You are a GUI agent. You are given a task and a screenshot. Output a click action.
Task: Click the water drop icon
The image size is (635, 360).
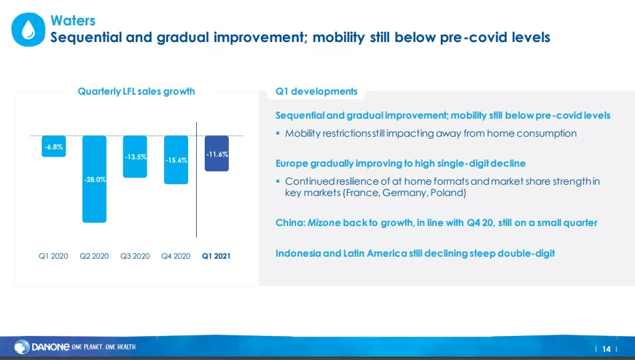click(28, 29)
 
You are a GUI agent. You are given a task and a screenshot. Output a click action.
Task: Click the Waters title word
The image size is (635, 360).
click(73, 20)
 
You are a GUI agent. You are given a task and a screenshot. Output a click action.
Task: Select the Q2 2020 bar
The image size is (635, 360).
click(94, 179)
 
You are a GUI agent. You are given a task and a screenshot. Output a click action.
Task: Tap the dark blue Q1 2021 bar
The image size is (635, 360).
click(217, 153)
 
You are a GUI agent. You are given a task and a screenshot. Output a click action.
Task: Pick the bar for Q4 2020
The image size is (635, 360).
click(176, 160)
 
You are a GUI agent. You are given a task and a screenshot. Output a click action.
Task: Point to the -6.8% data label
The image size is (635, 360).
click(54, 147)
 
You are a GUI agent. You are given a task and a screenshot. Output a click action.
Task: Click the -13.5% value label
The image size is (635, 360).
click(135, 157)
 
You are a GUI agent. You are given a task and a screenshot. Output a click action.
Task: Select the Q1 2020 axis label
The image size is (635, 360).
click(53, 256)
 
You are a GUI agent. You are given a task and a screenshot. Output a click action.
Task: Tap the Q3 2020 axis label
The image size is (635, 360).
click(135, 256)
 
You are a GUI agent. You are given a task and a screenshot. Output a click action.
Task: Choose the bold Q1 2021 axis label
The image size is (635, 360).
click(216, 256)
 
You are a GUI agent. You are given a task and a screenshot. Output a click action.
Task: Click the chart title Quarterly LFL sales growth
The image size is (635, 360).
click(136, 91)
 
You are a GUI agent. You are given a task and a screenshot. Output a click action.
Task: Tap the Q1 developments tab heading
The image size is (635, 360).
click(316, 91)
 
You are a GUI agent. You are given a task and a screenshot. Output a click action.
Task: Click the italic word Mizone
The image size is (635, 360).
click(324, 223)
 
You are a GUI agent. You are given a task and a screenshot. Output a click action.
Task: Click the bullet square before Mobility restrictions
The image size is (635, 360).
click(277, 133)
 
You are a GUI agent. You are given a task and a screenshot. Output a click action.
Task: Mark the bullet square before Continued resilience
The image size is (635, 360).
click(277, 181)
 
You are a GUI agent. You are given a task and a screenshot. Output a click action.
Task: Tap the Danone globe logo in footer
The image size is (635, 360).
click(22, 347)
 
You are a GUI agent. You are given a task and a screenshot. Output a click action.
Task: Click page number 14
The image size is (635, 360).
click(606, 349)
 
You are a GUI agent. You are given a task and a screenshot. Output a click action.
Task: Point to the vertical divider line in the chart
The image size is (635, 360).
click(196, 179)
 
